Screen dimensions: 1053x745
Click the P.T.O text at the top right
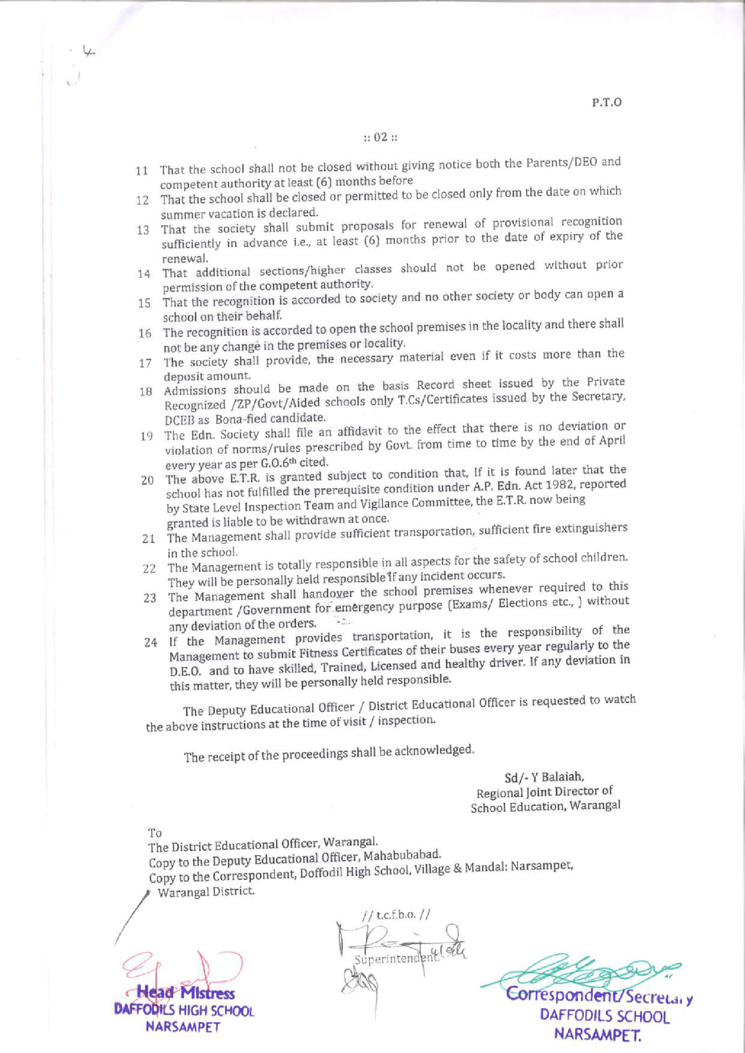click(x=606, y=102)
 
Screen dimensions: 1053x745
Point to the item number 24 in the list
click(x=150, y=643)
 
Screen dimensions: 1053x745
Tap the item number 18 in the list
click(x=146, y=392)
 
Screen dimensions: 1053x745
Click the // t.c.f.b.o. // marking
click(x=395, y=915)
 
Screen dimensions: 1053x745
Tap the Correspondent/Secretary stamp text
click(x=598, y=996)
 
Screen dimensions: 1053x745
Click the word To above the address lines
click(x=155, y=833)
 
